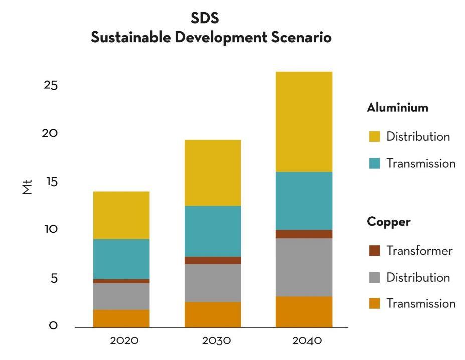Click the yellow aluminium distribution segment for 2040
[303, 122]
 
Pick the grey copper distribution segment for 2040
[303, 267]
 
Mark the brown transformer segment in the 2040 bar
[303, 234]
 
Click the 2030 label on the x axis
[216, 341]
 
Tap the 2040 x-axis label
[307, 341]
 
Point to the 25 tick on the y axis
[51, 85]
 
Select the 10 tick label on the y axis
[51, 229]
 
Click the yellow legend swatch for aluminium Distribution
[374, 137]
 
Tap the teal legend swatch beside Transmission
[374, 163]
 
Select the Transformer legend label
[419, 251]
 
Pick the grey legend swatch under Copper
[374, 277]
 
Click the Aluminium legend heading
[397, 108]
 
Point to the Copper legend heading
[388, 222]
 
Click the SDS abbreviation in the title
[205, 19]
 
